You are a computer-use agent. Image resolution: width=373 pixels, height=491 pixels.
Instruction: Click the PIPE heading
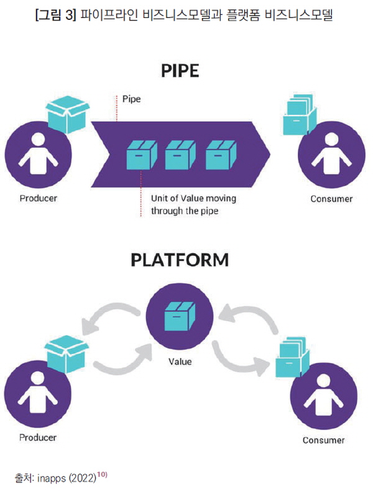180,71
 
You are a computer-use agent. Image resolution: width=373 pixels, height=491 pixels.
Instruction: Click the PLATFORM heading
180,260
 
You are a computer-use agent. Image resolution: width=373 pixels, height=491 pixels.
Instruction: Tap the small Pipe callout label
132,99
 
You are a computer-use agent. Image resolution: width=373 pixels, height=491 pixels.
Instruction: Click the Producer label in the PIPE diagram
38,199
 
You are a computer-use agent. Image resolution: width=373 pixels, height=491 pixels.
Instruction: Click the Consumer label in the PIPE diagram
331,199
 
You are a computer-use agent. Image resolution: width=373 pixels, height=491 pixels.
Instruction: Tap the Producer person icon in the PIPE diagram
37,154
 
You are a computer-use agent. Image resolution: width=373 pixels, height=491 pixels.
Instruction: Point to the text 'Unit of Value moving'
193,198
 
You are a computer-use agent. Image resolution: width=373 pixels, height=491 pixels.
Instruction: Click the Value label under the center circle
180,361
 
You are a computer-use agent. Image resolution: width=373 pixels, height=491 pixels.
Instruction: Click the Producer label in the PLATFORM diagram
38,438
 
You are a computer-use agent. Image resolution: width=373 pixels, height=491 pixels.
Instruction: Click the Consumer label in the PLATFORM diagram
323,440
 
